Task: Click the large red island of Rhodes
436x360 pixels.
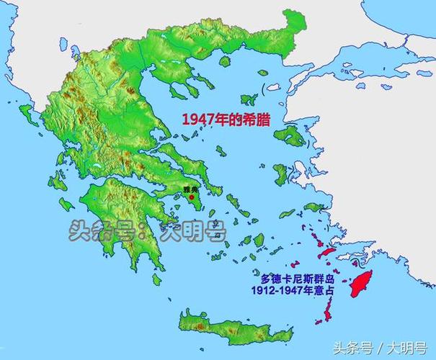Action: [x=358, y=284]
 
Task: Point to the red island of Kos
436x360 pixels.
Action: [x=325, y=251]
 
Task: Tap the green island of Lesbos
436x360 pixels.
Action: [x=290, y=136]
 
